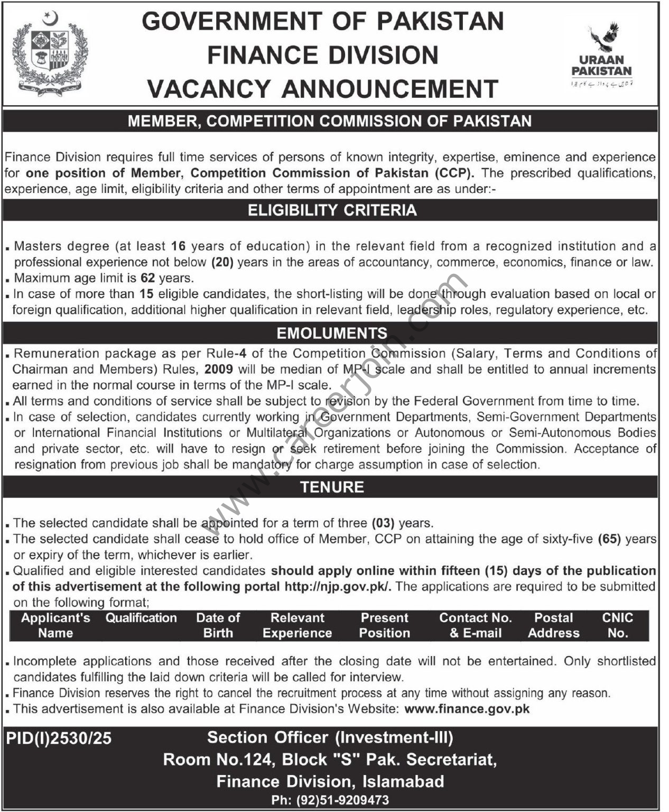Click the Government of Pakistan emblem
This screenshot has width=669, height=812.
tap(50, 54)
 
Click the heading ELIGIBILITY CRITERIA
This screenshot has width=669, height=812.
tap(332, 210)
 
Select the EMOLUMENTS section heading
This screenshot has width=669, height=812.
tap(332, 333)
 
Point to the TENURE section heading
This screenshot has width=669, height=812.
tap(332, 487)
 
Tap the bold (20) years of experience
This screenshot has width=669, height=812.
tap(222, 262)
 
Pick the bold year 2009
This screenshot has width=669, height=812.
tap(219, 369)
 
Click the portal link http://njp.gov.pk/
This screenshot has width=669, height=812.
tap(338, 586)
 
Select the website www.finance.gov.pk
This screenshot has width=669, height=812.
tap(467, 708)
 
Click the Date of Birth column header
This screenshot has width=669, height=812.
tap(218, 625)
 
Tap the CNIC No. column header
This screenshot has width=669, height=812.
tap(617, 625)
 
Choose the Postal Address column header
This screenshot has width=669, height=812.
tap(553, 625)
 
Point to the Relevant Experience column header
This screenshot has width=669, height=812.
tap(297, 625)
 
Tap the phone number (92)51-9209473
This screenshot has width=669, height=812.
tap(330, 800)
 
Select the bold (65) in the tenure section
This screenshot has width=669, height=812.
tap(608, 539)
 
